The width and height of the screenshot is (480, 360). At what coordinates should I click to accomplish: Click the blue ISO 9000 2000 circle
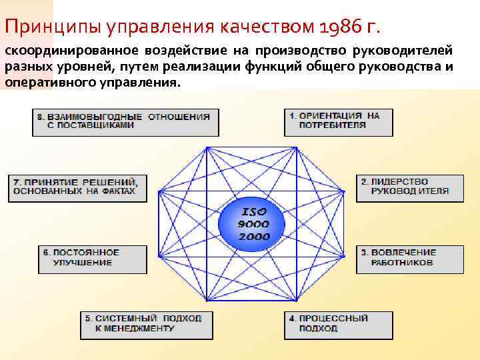coord(253,223)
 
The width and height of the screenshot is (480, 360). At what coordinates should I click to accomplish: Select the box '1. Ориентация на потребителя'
coord(338,122)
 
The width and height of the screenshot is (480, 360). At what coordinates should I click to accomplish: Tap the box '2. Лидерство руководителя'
coord(409,188)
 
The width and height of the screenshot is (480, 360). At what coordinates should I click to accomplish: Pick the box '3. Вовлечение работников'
coord(409,259)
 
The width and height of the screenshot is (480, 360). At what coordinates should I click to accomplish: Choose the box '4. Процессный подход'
coord(338,325)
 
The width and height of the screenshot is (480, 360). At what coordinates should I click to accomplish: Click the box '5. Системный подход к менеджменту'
coord(147,325)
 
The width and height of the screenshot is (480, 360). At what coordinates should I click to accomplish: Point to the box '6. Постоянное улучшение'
coord(92,259)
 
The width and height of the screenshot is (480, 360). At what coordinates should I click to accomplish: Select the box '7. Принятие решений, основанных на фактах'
coord(77,188)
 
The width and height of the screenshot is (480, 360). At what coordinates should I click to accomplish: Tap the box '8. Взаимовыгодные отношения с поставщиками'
coord(125,122)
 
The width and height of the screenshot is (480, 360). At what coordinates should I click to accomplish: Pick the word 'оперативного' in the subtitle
coord(42,83)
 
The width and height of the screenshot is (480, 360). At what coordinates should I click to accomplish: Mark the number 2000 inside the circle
coord(253,236)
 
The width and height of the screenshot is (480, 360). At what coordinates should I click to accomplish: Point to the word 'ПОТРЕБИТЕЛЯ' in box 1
coord(332,125)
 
